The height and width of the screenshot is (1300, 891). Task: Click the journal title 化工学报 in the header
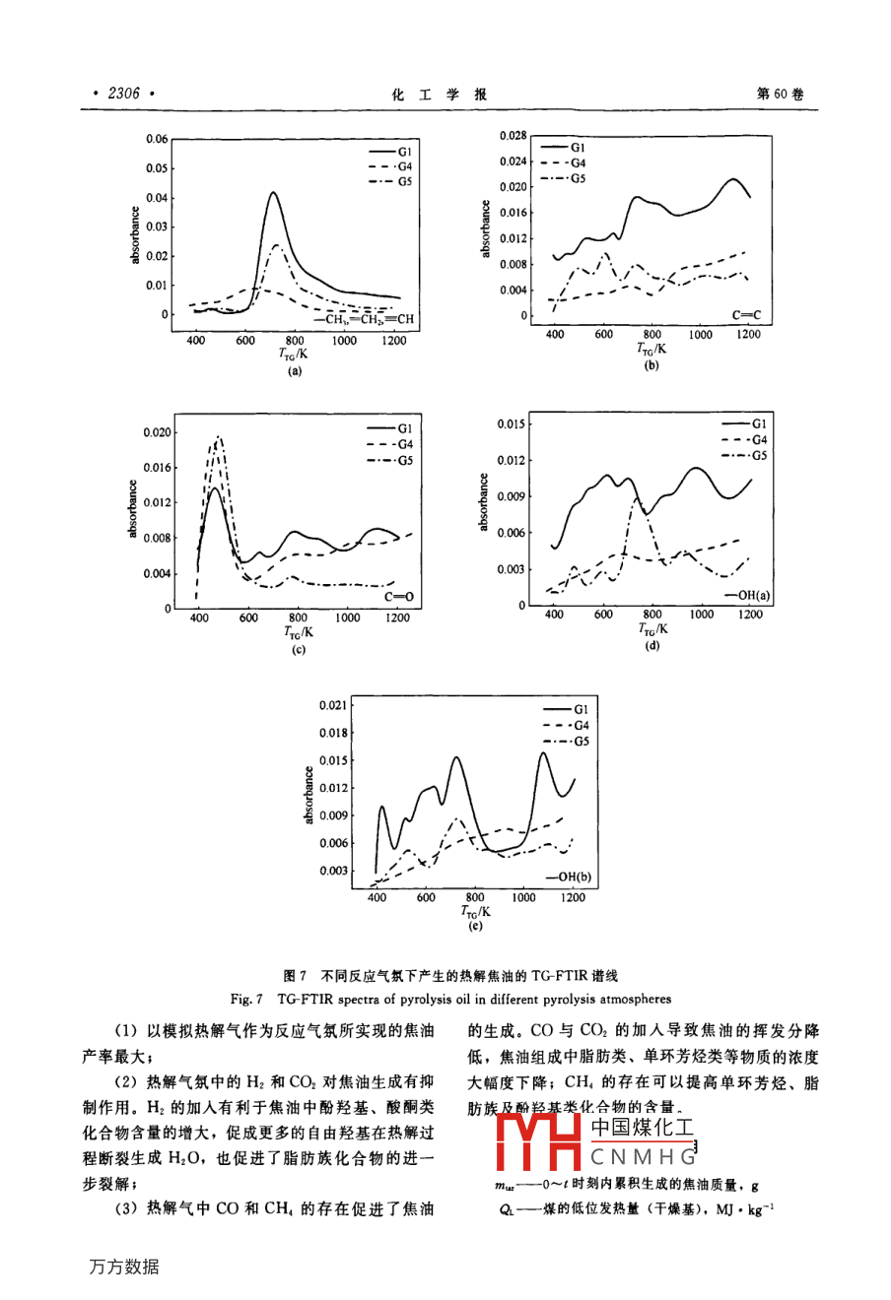440,95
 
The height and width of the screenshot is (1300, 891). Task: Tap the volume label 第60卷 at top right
779,95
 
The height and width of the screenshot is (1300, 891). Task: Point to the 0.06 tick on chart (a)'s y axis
157,139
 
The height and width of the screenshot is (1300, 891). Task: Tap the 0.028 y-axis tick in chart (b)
514,135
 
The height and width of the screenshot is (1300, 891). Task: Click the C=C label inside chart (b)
746,315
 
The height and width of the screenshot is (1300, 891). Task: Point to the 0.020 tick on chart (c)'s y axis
157,432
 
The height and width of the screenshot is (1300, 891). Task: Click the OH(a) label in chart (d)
749,595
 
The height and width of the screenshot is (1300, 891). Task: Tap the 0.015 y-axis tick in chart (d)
511,424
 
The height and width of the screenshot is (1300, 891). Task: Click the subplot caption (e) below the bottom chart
475,926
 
